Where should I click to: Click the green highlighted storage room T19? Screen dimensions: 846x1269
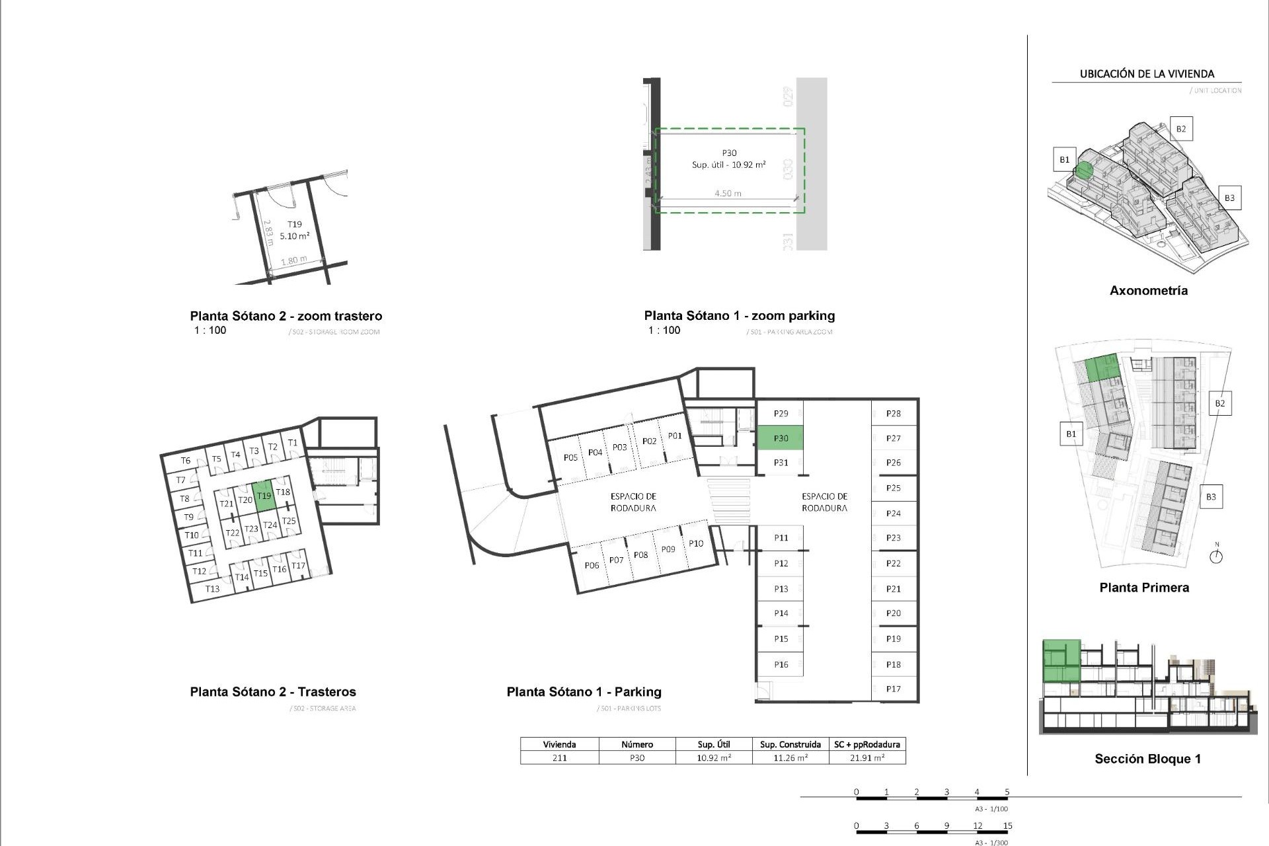264,496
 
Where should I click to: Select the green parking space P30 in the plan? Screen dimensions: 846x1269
781,438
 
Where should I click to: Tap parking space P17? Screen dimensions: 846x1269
894,689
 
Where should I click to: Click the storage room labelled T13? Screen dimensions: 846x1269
212,589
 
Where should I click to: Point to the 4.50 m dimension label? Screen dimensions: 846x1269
728,194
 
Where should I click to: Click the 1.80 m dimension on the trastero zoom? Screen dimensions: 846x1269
294,260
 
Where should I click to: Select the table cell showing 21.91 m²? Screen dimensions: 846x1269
867,758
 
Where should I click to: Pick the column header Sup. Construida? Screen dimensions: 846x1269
790,744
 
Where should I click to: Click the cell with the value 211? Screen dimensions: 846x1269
559,758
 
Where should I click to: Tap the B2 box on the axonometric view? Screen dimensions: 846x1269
1181,129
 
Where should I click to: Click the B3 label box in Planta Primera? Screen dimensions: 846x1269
1211,497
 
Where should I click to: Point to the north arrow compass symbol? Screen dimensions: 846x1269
1216,556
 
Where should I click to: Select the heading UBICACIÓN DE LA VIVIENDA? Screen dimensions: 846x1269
1147,74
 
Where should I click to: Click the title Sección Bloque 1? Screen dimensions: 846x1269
1147,759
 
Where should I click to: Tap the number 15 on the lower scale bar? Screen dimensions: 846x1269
1007,826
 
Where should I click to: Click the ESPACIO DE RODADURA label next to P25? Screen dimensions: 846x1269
824,502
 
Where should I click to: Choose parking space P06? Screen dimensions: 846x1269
592,565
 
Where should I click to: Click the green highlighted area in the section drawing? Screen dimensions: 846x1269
1061,661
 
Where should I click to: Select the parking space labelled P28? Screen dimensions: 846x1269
894,414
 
